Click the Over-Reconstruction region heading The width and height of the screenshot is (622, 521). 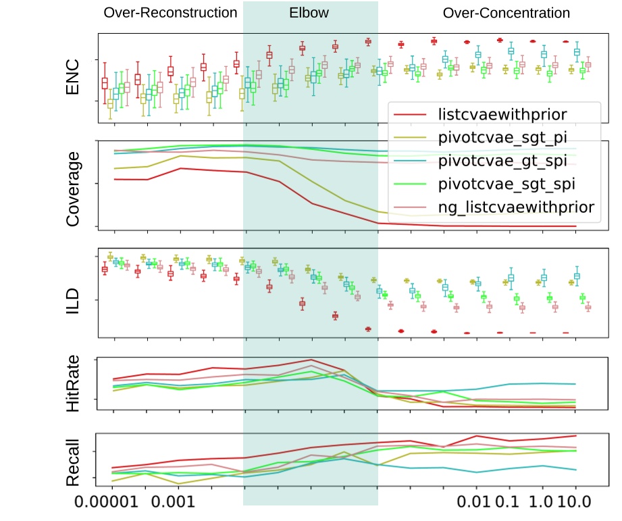tap(170, 13)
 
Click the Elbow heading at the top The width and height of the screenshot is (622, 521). tap(310, 13)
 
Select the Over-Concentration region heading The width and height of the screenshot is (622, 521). tap(506, 13)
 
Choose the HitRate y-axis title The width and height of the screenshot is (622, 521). tap(72, 384)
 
